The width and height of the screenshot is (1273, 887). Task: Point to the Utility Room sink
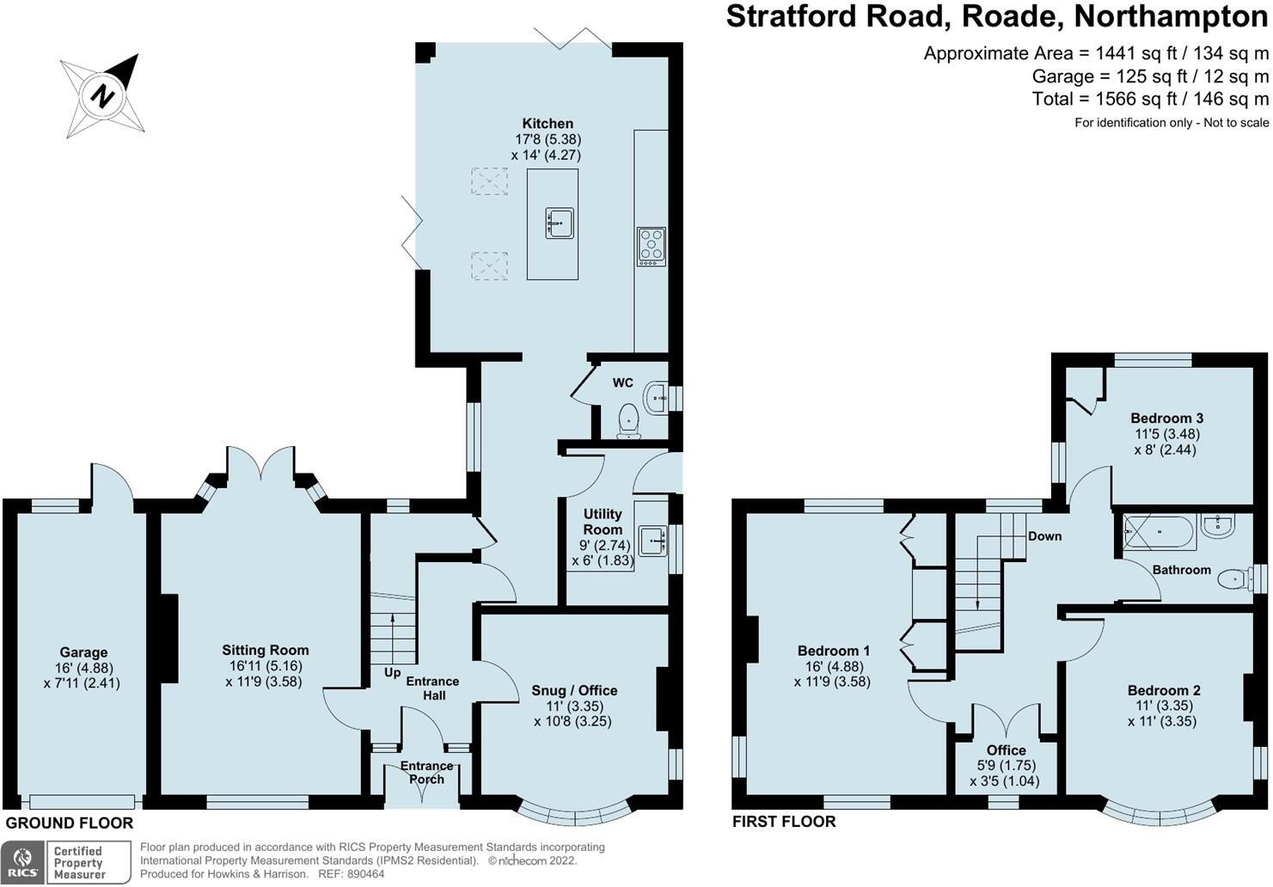tap(654, 540)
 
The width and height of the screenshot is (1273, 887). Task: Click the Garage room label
tap(83, 652)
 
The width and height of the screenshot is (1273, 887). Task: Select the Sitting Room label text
tap(265, 651)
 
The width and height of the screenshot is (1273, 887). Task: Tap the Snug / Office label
tap(574, 690)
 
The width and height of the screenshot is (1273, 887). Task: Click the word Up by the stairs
tap(392, 672)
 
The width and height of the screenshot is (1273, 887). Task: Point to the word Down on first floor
tap(1044, 535)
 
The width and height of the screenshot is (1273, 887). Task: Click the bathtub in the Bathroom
tap(1158, 533)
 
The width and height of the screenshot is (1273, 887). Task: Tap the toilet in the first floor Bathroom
tap(1235, 580)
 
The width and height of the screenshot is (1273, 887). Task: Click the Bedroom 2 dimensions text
tap(1165, 713)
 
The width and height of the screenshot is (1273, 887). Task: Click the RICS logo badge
tap(23, 862)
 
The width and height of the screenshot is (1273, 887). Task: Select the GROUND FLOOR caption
tap(70, 823)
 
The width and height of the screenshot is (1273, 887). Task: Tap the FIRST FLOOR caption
tap(784, 822)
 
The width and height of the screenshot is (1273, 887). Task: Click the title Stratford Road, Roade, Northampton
tap(997, 17)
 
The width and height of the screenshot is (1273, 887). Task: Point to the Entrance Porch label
tap(426, 772)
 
